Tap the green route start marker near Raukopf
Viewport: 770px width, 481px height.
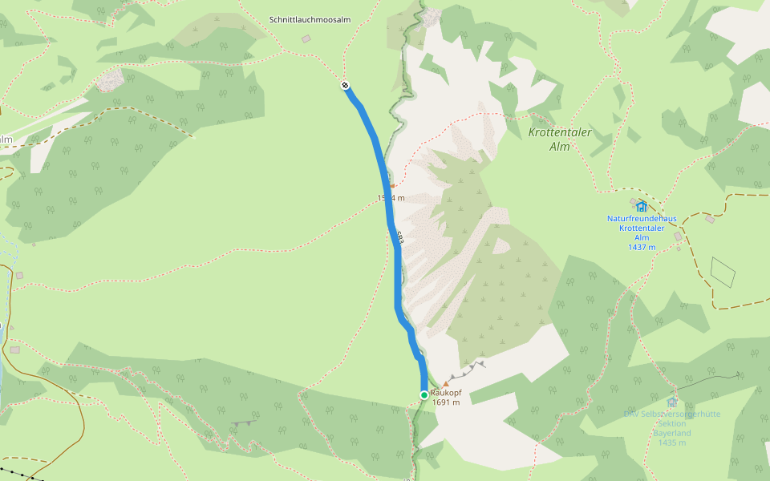pyautogui.click(x=423, y=394)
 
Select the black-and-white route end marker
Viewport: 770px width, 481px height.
pyautogui.click(x=345, y=85)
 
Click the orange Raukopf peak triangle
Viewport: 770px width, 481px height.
pyautogui.click(x=445, y=385)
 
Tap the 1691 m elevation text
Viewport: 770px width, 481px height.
pyautogui.click(x=445, y=402)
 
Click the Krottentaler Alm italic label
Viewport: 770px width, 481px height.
pyautogui.click(x=560, y=139)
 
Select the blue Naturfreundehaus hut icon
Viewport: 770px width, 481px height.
pyautogui.click(x=641, y=206)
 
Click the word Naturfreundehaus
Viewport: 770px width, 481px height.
pyautogui.click(x=642, y=218)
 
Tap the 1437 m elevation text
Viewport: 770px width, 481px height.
pyautogui.click(x=642, y=247)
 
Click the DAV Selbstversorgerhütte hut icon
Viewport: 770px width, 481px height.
pyautogui.click(x=672, y=402)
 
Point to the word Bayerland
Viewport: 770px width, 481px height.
pyautogui.click(x=672, y=433)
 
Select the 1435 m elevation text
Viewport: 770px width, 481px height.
pyautogui.click(x=672, y=443)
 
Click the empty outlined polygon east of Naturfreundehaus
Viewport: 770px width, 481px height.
pyautogui.click(x=723, y=273)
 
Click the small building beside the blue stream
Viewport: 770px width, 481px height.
pyautogui.click(x=15, y=350)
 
